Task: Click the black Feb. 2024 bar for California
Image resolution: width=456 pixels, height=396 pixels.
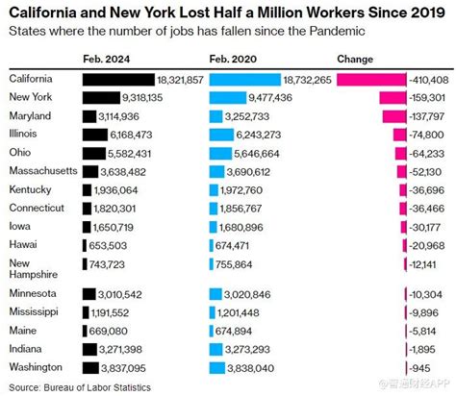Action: click(x=118, y=80)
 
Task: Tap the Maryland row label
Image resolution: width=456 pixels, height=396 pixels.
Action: click(x=31, y=116)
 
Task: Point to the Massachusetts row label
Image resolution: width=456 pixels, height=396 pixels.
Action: click(x=43, y=171)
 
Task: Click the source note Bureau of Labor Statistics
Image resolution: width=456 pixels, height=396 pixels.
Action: click(x=95, y=385)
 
